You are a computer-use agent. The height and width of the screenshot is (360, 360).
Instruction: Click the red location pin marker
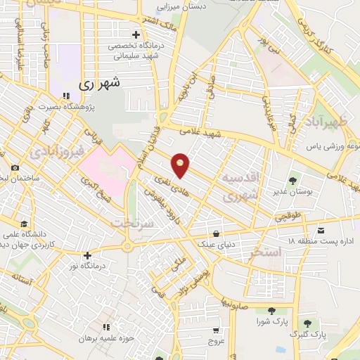click(181, 165)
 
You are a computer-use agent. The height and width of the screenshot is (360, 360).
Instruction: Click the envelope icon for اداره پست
click(321, 231)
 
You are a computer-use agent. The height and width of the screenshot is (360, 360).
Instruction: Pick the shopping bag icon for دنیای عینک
click(214, 233)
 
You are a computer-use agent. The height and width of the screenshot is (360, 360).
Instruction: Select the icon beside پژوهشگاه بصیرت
click(65, 96)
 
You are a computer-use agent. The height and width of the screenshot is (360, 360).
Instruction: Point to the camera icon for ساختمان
click(15, 167)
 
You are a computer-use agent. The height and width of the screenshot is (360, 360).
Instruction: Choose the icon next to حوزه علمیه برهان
click(107, 327)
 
